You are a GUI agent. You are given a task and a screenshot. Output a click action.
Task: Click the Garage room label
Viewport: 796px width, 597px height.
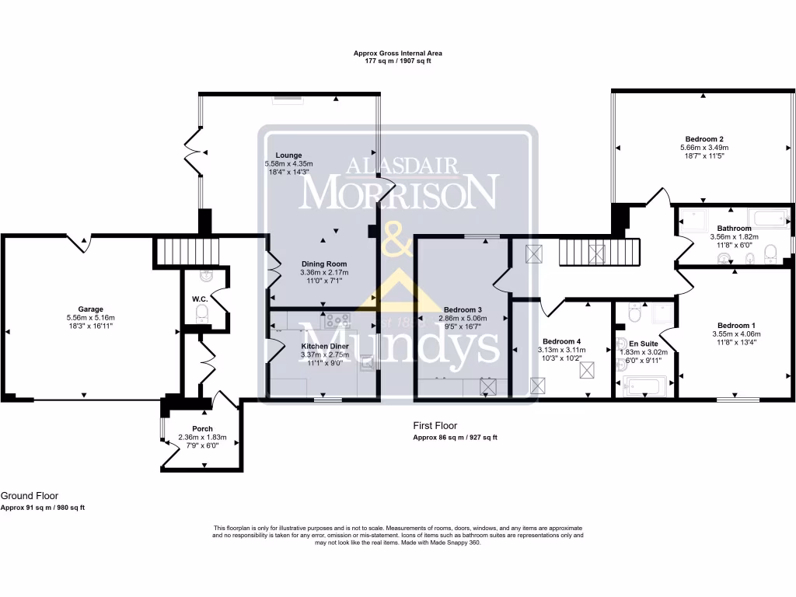click(90, 309)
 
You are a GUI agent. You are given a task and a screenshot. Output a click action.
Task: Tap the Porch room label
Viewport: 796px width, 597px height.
click(202, 428)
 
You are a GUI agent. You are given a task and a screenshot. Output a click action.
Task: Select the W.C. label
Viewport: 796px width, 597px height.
click(199, 298)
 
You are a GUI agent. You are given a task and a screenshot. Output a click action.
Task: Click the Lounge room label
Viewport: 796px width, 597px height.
click(288, 155)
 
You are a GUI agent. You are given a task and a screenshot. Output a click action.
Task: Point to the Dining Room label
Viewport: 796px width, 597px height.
click(323, 264)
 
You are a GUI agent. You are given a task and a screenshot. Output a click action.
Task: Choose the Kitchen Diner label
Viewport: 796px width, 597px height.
click(324, 346)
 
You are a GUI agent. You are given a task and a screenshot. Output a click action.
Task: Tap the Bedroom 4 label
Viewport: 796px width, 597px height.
click(562, 341)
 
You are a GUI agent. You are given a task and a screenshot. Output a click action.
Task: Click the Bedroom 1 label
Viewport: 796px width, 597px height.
click(735, 325)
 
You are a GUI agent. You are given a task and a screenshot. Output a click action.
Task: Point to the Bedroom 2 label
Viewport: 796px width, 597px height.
click(703, 138)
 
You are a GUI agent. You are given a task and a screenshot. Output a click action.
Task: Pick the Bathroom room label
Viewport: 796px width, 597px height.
click(735, 229)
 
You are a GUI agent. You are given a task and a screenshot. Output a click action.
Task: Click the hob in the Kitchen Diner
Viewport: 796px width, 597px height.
click(340, 319)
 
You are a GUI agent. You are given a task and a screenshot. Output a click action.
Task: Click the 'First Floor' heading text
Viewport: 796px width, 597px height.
click(435, 426)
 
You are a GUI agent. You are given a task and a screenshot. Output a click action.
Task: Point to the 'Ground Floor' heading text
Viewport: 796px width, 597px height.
click(30, 496)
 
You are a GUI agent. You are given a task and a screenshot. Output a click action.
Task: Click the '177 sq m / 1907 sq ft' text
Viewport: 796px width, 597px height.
click(398, 61)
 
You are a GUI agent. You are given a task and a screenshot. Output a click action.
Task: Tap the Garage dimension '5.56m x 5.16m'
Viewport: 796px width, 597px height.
click(90, 317)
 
